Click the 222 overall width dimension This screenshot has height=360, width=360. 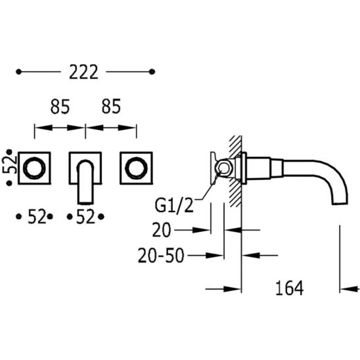point(84,72)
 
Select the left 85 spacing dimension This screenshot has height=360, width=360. point(60,106)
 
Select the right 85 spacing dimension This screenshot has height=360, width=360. point(111,106)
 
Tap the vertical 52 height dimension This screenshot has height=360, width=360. point(10,165)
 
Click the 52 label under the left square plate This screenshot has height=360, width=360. point(37,217)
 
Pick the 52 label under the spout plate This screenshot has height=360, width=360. point(85,217)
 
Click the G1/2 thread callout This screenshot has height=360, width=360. point(174,206)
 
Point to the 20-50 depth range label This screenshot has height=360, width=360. point(161,256)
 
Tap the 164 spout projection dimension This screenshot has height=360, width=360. point(289,288)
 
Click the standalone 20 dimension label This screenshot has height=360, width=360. point(162,230)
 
